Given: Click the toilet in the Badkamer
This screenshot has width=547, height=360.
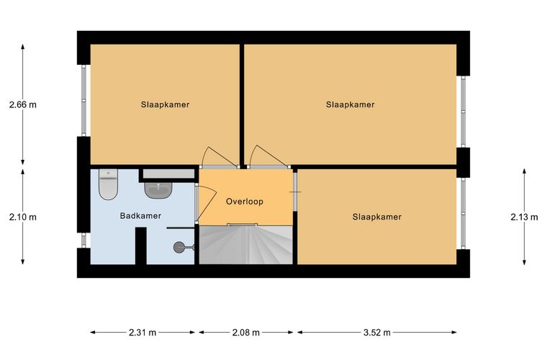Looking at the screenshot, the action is coord(108,184).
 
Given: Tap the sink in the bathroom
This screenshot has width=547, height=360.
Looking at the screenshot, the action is coord(158,190).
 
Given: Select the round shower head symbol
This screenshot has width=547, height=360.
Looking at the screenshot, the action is coord(178,248).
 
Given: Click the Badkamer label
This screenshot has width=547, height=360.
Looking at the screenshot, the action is coord(140,216).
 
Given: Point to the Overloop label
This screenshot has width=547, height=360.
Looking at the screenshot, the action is coord(245,202).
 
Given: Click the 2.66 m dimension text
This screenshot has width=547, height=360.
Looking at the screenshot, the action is coord(23,104).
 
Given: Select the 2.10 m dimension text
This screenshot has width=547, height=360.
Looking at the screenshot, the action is coord(23,217).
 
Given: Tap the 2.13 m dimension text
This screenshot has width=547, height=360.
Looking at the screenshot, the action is coord(524,217).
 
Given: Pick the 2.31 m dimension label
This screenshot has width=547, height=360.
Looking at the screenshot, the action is coord(143,333).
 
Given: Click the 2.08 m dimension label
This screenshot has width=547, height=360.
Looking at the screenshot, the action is coord(246,333).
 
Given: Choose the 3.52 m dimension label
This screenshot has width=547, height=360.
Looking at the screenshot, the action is coord(376,333).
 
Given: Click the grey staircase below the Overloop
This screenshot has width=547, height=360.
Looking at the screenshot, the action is coord(245,245).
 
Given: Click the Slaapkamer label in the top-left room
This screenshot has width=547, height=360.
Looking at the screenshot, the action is coord(165,104).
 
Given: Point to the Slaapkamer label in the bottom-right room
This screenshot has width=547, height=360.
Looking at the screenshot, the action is coord(376,217).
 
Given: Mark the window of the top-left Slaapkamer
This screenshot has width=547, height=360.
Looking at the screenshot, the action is coord(83,101).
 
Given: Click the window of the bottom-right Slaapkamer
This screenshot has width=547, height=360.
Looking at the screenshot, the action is coord(464,213).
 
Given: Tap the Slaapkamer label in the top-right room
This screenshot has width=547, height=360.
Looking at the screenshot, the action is coord(351,104).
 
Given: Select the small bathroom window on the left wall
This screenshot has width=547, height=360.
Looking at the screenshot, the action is coord(83,240).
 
